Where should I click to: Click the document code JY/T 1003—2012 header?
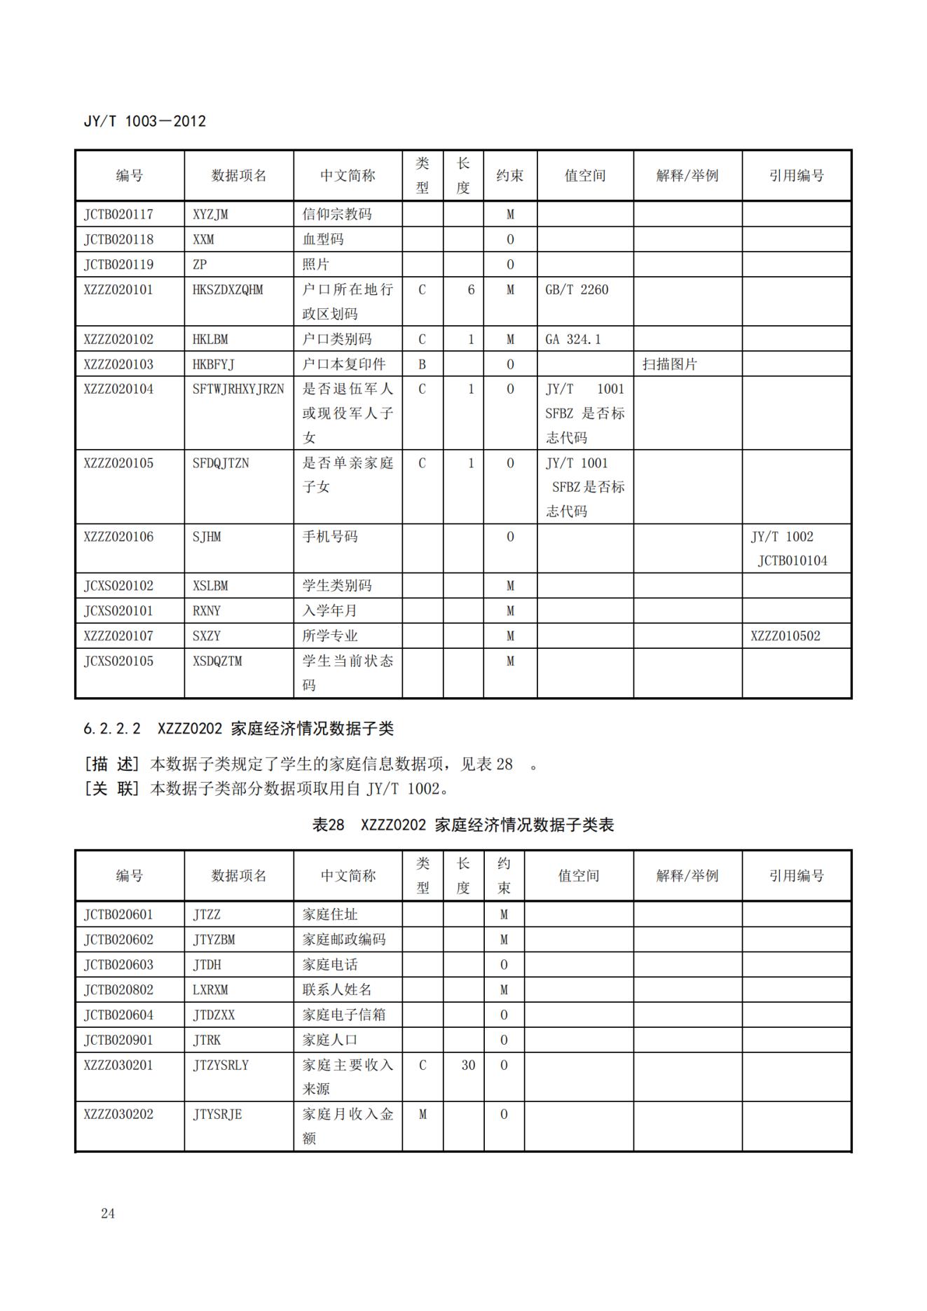point(144,121)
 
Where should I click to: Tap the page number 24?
point(108,1213)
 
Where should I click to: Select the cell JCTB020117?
point(118,214)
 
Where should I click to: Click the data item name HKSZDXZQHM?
point(228,289)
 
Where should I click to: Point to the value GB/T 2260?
point(577,289)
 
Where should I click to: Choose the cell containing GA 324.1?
point(572,339)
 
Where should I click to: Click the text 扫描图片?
point(669,364)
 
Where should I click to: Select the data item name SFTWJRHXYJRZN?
point(238,389)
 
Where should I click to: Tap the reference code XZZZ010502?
point(785,636)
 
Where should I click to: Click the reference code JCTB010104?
point(792,561)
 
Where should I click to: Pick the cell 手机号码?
point(329,537)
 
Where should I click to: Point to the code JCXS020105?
point(118,661)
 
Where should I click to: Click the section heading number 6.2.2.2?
point(112,729)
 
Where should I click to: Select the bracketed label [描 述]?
point(112,764)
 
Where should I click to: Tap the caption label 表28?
point(328,825)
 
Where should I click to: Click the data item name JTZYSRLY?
point(221,1065)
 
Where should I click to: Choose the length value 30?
point(468,1065)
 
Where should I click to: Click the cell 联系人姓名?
point(337,989)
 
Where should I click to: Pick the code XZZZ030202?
point(118,1114)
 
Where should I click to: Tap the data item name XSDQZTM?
point(217,661)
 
